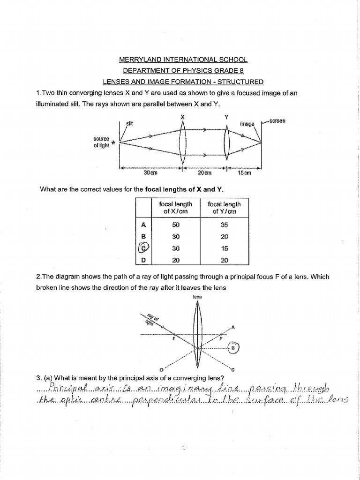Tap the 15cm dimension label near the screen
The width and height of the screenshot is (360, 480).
point(245,173)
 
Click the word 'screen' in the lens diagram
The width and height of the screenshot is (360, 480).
point(277,121)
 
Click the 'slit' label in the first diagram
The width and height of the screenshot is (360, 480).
point(130,123)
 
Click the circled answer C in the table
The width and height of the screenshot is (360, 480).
point(143,248)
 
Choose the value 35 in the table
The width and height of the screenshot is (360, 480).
point(224,225)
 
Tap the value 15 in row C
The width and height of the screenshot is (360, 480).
point(224,248)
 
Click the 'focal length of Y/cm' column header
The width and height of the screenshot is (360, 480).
point(224,208)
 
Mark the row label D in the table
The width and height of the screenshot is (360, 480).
point(144,260)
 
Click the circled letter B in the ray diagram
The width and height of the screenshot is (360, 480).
point(233,347)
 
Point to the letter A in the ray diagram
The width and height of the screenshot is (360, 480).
point(233,327)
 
